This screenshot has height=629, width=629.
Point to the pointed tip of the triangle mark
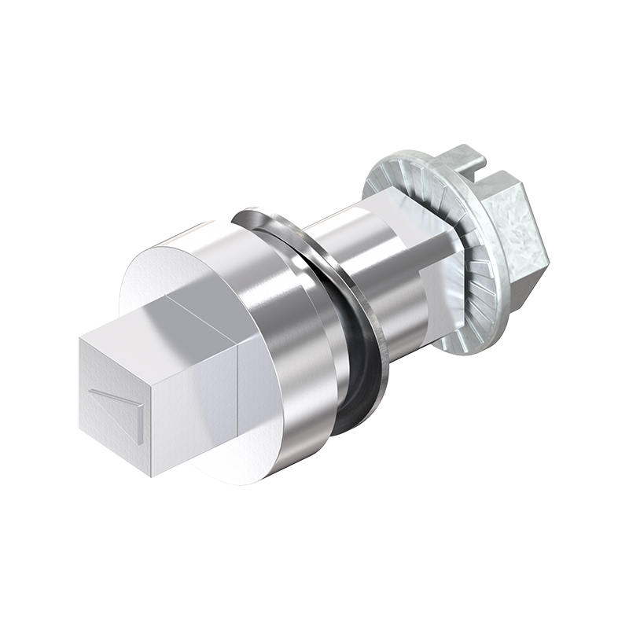coord(90,391)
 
